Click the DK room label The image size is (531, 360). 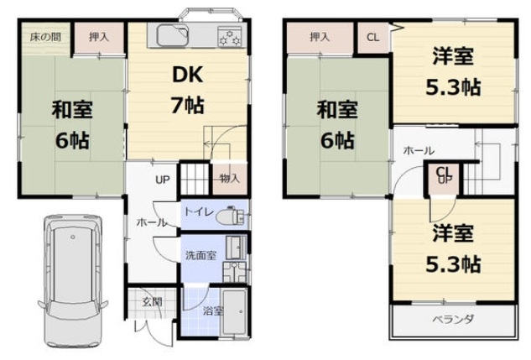[x=188, y=75]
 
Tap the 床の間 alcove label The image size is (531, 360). [x=45, y=37]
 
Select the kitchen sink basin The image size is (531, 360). [x=172, y=35]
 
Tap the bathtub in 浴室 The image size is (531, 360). [x=234, y=312]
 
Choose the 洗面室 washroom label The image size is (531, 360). [x=200, y=255]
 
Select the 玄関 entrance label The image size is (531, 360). [x=153, y=301]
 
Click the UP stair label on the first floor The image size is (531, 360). [x=163, y=180]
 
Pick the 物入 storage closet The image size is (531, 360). [x=230, y=179]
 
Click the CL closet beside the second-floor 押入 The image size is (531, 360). [x=373, y=37]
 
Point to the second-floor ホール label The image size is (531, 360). [x=419, y=150]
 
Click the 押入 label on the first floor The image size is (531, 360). [x=99, y=37]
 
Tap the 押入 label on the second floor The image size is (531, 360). [x=320, y=37]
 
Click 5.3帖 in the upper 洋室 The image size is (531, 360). [x=453, y=87]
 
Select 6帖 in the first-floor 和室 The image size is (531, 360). [x=72, y=140]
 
